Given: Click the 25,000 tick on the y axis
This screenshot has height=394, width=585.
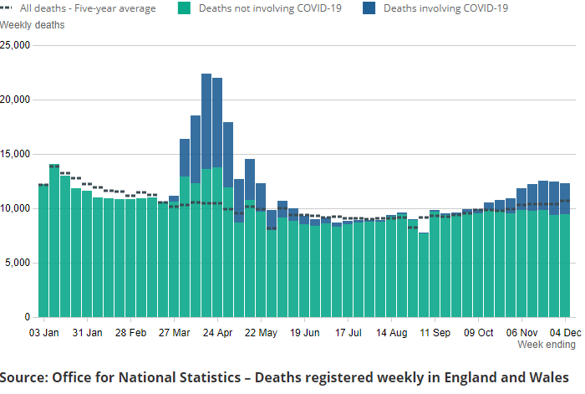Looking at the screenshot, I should point(15,45).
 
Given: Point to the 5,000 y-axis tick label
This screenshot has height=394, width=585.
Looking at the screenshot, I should point(18,264).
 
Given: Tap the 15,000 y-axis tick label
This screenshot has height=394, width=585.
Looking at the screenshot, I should point(15,155).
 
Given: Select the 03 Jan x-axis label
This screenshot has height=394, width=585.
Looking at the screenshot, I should point(43,332).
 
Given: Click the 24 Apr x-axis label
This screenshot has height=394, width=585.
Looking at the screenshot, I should point(217,332).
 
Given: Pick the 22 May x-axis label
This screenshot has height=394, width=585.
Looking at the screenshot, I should point(261,332).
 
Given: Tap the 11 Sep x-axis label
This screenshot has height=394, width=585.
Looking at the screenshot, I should point(435,332).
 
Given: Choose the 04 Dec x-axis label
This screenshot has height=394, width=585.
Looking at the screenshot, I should point(565,332).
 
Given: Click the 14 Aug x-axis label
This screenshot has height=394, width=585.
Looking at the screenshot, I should point(391,332).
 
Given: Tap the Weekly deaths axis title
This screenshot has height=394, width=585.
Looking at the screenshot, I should point(33,24).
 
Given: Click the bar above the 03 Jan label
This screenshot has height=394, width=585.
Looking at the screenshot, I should point(43,251).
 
